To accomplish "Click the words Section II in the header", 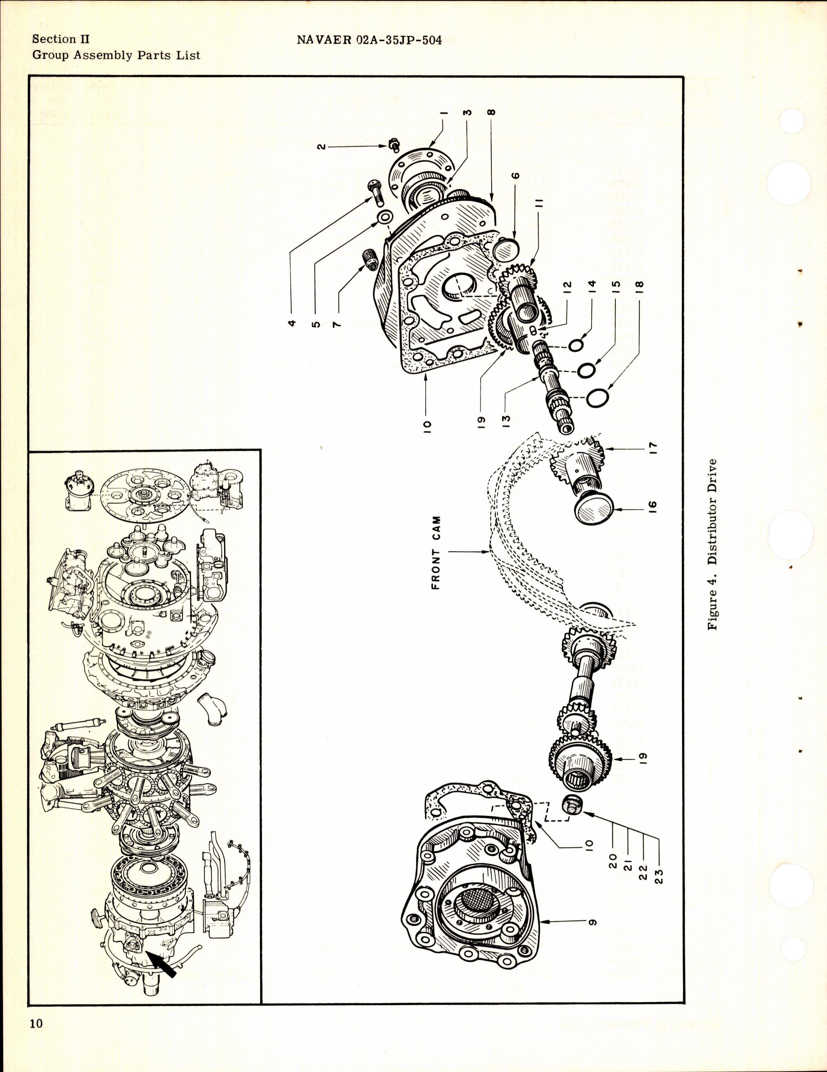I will pos(61,39).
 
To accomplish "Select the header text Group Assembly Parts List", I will pos(116,55).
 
